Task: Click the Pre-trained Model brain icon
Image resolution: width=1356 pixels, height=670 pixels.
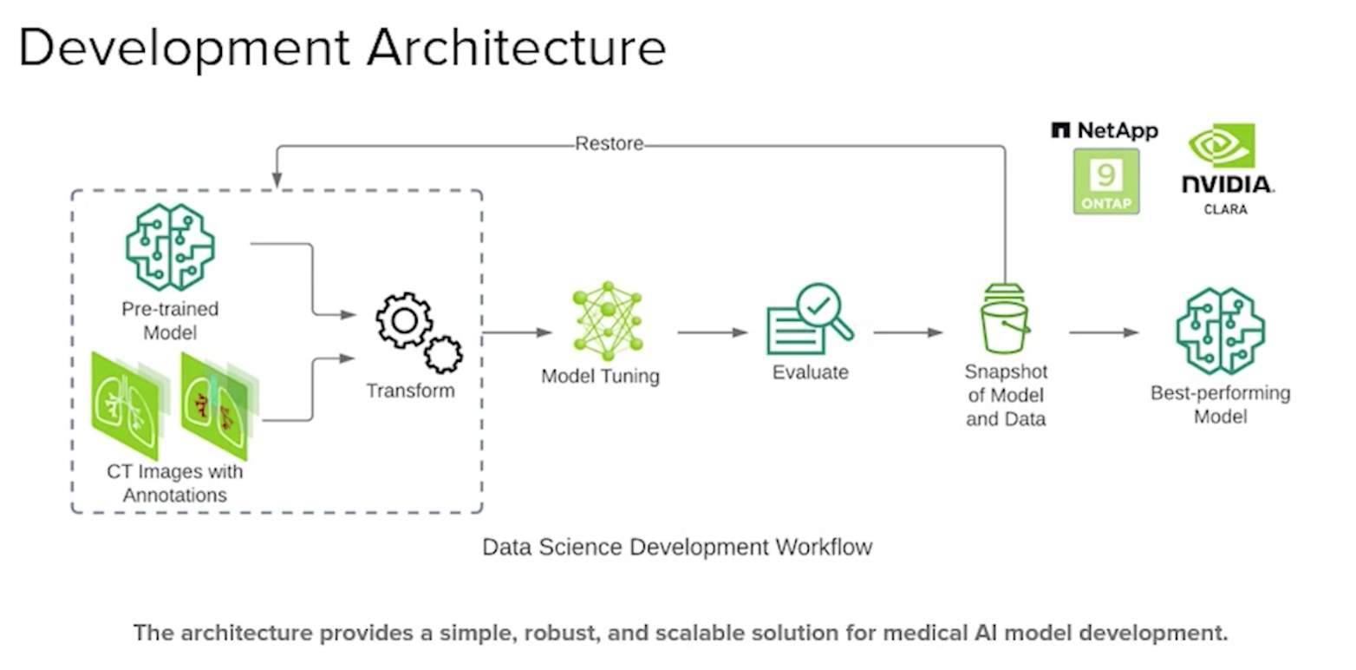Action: tap(170, 246)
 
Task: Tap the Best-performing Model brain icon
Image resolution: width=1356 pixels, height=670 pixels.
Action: tap(1220, 331)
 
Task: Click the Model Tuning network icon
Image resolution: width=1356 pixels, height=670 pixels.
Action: tap(607, 321)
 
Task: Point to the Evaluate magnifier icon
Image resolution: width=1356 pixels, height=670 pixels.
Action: tap(810, 319)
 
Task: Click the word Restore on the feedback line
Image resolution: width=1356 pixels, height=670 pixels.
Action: tap(609, 144)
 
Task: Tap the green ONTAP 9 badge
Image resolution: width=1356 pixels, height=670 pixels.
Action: tap(1105, 181)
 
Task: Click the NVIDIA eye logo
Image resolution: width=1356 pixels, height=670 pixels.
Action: tap(1222, 146)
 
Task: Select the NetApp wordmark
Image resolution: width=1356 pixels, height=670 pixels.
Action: tap(1105, 131)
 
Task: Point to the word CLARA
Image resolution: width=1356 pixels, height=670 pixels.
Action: tap(1225, 209)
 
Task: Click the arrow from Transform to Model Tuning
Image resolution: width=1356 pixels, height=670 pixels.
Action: tap(517, 332)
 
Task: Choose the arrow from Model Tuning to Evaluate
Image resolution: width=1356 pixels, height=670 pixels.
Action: tap(712, 332)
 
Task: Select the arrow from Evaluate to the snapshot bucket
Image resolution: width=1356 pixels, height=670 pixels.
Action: tap(908, 332)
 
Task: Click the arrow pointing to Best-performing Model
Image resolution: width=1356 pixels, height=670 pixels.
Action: tap(1104, 332)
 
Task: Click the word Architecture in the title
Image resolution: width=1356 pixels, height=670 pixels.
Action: tap(516, 47)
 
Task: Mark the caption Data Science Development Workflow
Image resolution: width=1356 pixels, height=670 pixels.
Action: tap(676, 548)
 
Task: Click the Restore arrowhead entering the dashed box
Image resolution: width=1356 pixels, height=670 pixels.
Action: tap(277, 181)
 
